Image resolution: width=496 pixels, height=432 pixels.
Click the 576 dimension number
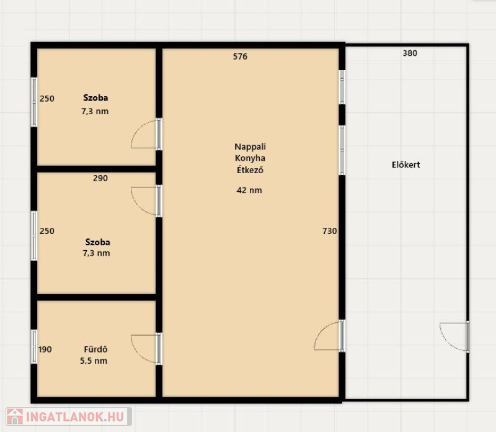tap(240, 56)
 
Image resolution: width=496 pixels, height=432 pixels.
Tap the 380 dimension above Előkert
tap(410, 53)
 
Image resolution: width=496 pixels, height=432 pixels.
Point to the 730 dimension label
tap(330, 231)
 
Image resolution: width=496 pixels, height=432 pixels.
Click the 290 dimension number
tap(100, 178)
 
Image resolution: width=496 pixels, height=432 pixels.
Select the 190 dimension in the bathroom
tap(45, 349)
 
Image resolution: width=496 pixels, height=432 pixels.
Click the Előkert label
tap(406, 164)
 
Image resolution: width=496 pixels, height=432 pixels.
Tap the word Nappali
tap(250, 146)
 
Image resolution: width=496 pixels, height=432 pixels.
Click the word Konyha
tap(250, 158)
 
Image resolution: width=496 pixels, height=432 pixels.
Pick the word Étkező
tap(250, 170)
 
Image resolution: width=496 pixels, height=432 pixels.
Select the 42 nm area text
tap(249, 190)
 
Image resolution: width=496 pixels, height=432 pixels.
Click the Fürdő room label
tap(95, 349)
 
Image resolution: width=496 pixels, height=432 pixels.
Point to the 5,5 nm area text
tap(94, 361)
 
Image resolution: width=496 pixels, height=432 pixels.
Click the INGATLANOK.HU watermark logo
tap(69, 416)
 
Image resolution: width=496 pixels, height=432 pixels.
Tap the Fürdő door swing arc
tap(139, 354)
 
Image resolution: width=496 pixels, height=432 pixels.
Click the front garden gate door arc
tap(446, 342)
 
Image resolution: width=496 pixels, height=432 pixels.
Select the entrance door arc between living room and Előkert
tap(322, 330)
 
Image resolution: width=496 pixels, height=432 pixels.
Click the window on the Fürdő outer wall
tap(34, 346)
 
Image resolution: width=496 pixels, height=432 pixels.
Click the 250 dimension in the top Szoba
tap(47, 99)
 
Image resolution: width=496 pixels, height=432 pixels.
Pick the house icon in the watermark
tap(15, 416)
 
